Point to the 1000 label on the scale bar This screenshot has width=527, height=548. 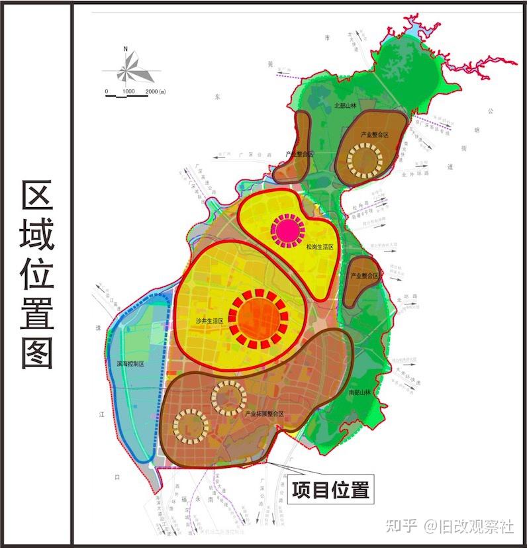pos(129,91)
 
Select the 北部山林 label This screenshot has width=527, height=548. pos(345,105)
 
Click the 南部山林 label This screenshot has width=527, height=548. pos(361,392)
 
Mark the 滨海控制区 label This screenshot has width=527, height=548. pos(130,363)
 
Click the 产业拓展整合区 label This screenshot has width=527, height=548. pos(264,414)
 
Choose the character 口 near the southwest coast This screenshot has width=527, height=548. pos(117,477)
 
